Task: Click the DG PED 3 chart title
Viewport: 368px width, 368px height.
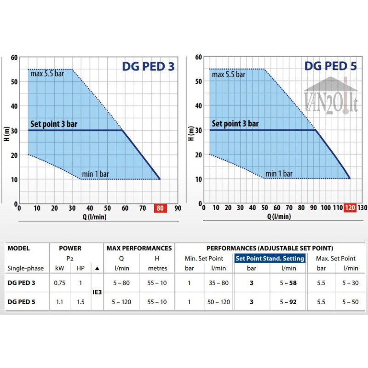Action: pos(148,67)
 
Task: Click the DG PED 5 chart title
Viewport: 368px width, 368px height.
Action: pos(330,66)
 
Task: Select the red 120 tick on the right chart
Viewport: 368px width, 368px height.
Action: pos(350,208)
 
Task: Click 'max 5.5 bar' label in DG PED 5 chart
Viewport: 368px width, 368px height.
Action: pos(229,74)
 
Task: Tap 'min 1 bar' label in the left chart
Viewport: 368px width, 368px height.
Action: pos(96,174)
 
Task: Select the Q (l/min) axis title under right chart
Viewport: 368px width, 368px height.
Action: pos(278,217)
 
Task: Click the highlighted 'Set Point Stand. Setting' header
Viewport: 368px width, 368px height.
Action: pos(270,259)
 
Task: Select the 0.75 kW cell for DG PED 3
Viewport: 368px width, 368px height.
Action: pos(59,283)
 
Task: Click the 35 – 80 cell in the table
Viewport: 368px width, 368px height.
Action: pos(218,283)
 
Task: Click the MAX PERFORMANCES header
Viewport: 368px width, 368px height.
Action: pos(139,248)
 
